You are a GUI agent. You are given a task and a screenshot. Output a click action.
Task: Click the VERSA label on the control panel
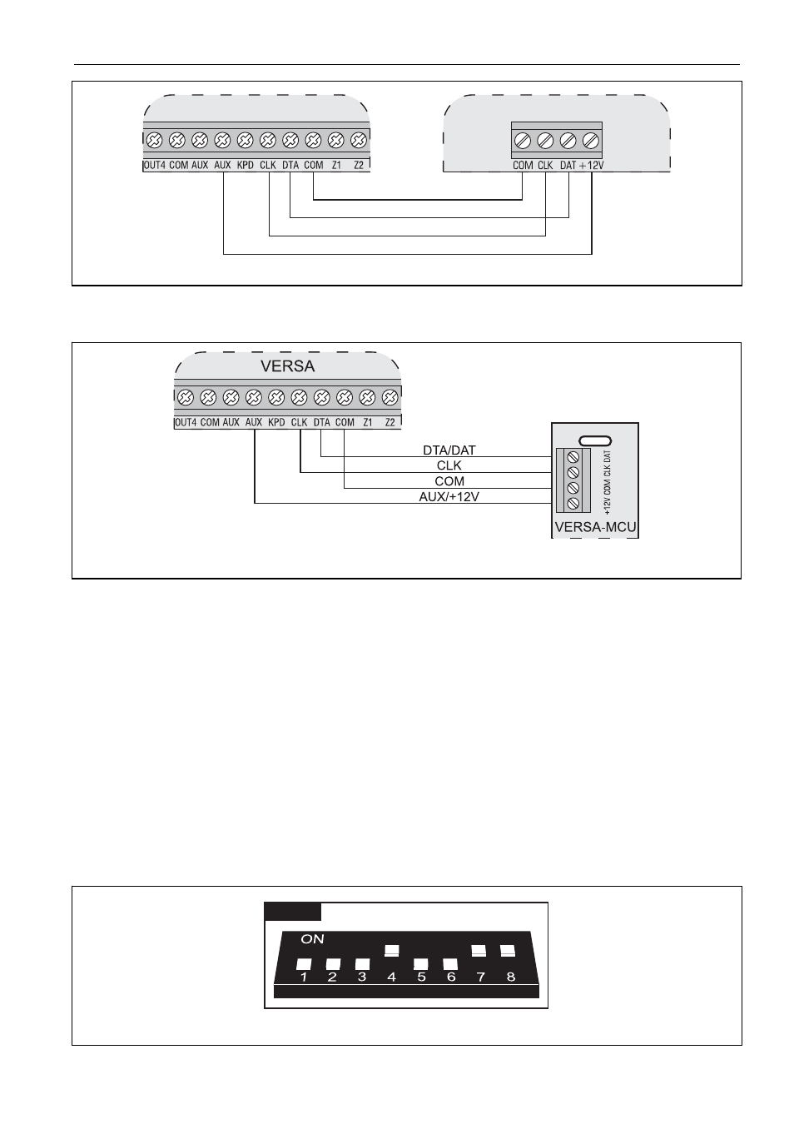[x=287, y=366]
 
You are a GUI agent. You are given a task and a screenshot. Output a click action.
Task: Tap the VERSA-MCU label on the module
[x=595, y=527]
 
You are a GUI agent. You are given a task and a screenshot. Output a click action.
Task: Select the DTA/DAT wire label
[x=449, y=450]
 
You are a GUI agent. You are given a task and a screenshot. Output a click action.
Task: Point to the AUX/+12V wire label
[x=449, y=497]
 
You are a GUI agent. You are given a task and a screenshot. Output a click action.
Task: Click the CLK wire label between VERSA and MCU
[x=449, y=465]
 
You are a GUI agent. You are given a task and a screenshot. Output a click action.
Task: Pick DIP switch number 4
[x=392, y=950]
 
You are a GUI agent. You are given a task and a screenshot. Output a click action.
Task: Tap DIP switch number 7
[x=479, y=950]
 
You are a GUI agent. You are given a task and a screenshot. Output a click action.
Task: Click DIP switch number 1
[x=304, y=964]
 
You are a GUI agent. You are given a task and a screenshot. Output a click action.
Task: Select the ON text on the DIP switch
[x=312, y=939]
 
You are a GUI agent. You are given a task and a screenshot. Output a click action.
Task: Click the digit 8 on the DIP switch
[x=511, y=977]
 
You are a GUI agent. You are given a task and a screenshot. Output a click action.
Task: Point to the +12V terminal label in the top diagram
[x=592, y=165]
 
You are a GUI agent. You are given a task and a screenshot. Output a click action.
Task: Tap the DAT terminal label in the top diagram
[x=568, y=165]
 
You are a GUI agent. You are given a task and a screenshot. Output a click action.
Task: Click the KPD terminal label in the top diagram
[x=246, y=165]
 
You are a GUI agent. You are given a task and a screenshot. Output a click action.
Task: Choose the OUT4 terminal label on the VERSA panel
[x=186, y=422]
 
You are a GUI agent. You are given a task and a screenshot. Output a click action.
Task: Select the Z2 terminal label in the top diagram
[x=359, y=165]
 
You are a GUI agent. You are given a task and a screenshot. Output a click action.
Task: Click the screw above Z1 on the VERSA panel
[x=368, y=398]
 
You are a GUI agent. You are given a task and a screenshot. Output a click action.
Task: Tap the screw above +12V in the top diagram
[x=591, y=141]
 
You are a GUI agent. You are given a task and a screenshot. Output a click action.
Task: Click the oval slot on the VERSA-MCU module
[x=595, y=440]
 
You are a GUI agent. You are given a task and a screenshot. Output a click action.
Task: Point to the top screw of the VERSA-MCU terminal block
[x=573, y=457]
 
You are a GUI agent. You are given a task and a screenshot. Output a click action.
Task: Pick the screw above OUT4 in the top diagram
[x=155, y=141]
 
